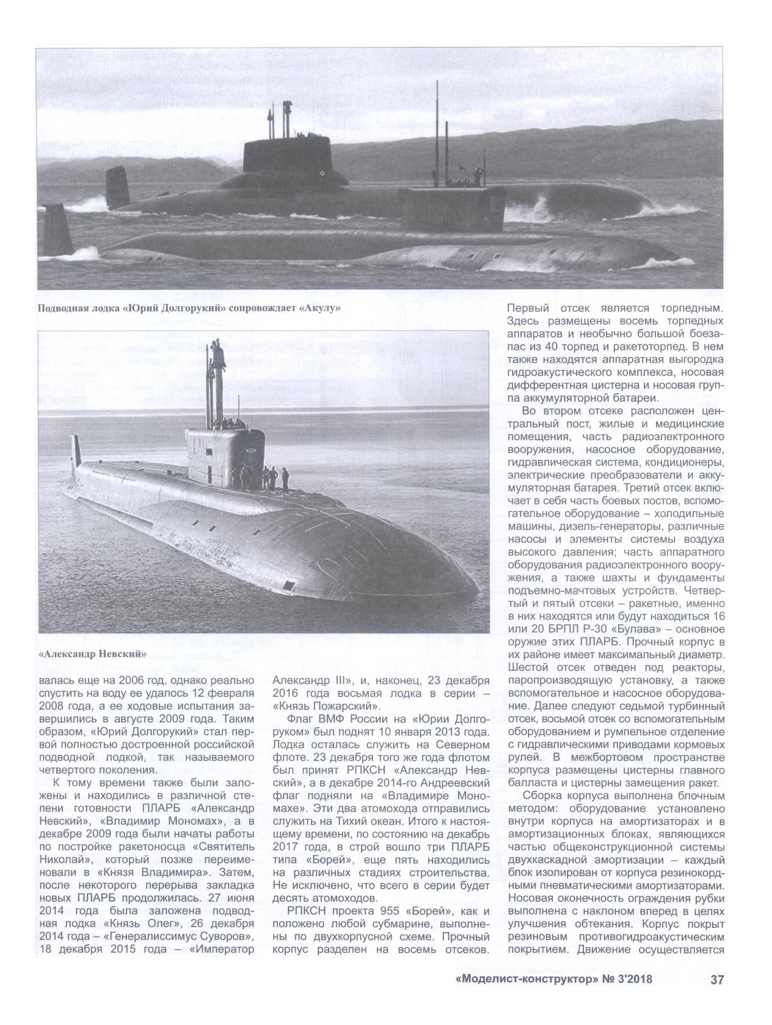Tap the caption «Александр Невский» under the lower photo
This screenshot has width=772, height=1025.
point(92,654)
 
